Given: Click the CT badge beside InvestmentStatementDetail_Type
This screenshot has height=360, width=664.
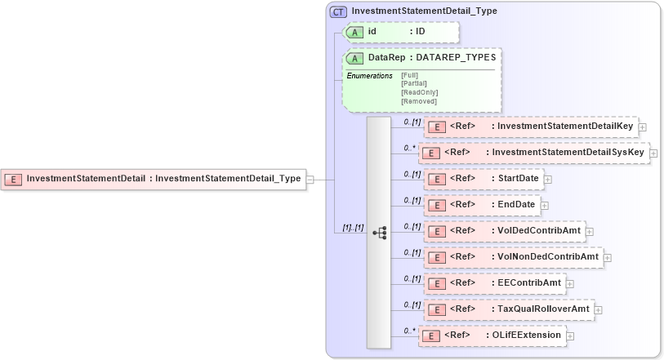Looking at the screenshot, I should click(x=338, y=11).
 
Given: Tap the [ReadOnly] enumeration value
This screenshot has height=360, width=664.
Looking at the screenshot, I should click(x=419, y=92).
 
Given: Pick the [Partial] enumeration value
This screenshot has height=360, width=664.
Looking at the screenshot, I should click(x=414, y=82).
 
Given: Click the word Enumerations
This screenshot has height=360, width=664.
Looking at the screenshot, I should click(x=369, y=76).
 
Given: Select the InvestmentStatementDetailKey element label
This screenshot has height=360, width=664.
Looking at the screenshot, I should click(x=565, y=127).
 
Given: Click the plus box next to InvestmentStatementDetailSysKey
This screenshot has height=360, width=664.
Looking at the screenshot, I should click(x=653, y=153).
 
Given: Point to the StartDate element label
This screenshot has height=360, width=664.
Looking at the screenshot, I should click(x=519, y=179).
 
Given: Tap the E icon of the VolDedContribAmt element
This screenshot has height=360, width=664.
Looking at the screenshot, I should click(x=436, y=231).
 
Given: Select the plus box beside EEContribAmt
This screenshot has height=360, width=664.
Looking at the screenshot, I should click(x=570, y=284).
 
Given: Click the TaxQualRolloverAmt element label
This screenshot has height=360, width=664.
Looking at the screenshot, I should click(x=545, y=309).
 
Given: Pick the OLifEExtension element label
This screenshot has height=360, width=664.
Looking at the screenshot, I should click(x=527, y=336).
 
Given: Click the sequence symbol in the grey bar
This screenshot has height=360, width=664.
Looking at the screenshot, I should click(x=379, y=233).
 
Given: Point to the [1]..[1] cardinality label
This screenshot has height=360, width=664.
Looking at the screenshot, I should click(x=351, y=227).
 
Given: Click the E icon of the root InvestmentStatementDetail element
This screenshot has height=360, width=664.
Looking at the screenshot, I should click(x=12, y=179).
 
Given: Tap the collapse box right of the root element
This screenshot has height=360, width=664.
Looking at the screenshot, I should click(x=310, y=180).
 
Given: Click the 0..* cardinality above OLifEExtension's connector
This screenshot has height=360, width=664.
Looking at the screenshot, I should click(x=410, y=330).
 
